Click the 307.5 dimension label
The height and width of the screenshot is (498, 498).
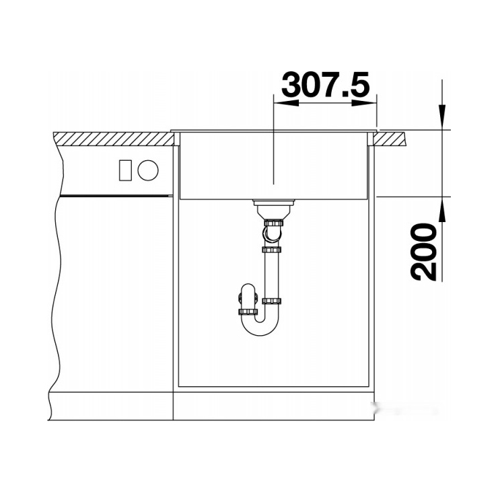326,84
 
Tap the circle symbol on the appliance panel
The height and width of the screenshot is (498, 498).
148,170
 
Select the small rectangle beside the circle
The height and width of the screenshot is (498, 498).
125,170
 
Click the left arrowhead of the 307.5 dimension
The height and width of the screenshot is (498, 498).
286,103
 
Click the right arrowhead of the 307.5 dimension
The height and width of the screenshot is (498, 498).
364,103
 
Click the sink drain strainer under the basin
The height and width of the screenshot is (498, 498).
274,208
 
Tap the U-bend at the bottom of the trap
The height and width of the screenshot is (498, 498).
260,327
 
